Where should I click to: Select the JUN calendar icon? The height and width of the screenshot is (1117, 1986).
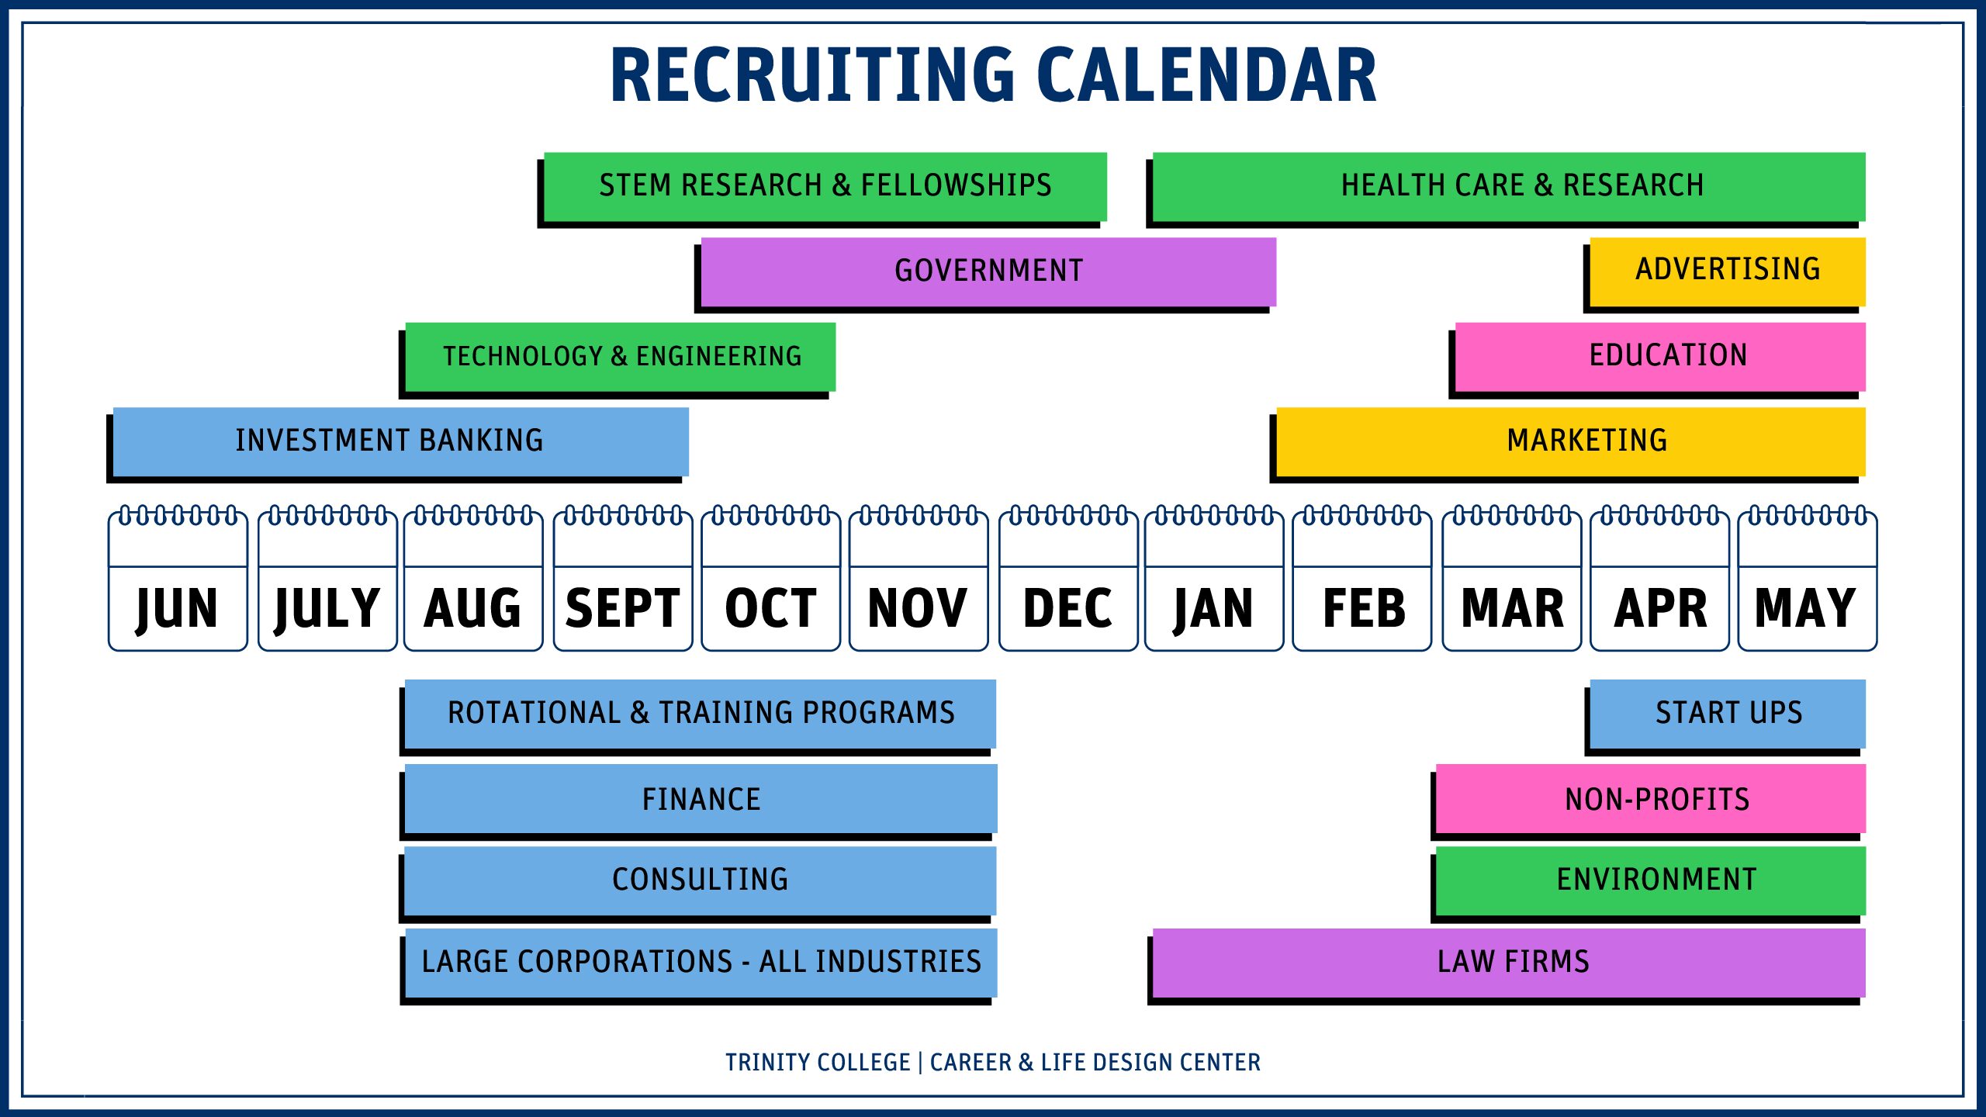click(x=178, y=579)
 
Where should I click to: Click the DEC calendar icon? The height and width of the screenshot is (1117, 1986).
click(x=1068, y=579)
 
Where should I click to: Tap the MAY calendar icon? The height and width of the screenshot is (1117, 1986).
click(x=1808, y=579)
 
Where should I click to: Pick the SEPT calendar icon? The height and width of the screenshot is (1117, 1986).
click(x=623, y=579)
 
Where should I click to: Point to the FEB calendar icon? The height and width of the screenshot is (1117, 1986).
click(x=1362, y=579)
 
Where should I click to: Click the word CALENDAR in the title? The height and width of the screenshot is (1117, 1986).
click(x=1206, y=74)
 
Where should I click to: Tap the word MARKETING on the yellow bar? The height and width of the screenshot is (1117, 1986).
click(x=1587, y=441)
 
